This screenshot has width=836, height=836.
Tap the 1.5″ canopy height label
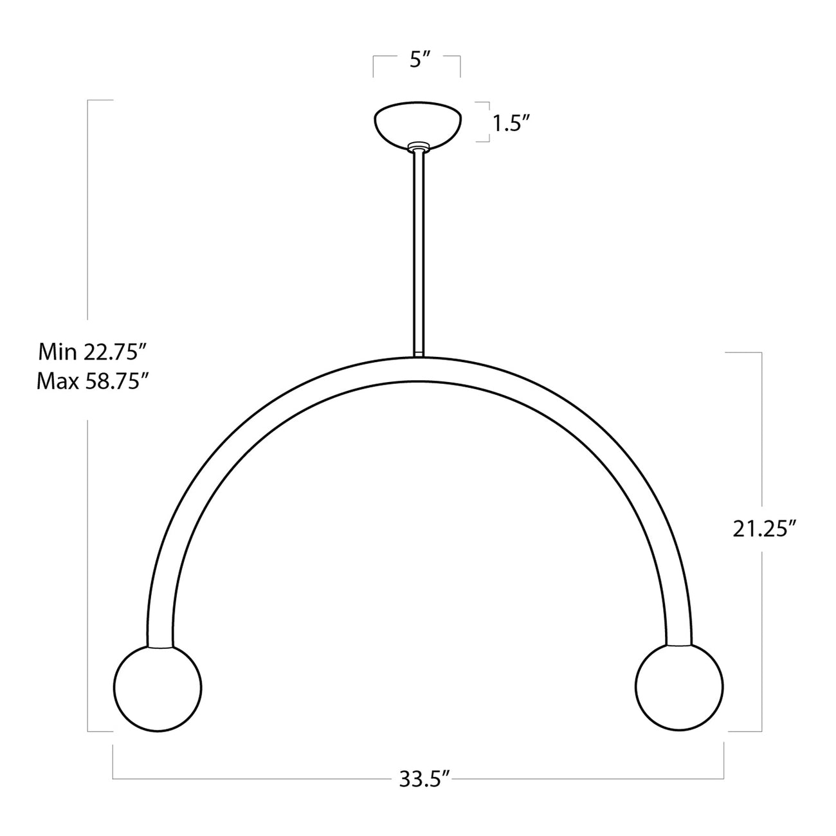click(511, 123)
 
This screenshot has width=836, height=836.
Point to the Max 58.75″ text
click(94, 382)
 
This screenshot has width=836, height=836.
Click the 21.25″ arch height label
click(765, 529)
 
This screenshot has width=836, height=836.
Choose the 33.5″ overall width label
click(419, 781)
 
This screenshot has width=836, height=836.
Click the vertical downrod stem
click(418, 251)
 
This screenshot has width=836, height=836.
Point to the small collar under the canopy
click(418, 147)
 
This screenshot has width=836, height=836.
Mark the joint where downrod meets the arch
click(418, 354)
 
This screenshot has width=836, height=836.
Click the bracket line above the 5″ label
click(417, 57)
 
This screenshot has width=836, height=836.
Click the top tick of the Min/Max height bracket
click(100, 100)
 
